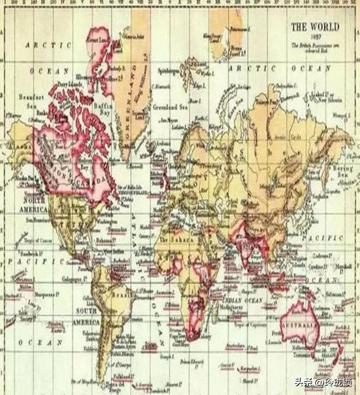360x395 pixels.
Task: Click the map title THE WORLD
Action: click(315, 27)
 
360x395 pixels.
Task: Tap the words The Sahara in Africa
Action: click(176, 240)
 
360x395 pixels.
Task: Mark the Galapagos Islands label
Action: click(75, 280)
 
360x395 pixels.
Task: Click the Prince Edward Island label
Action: click(192, 362)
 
